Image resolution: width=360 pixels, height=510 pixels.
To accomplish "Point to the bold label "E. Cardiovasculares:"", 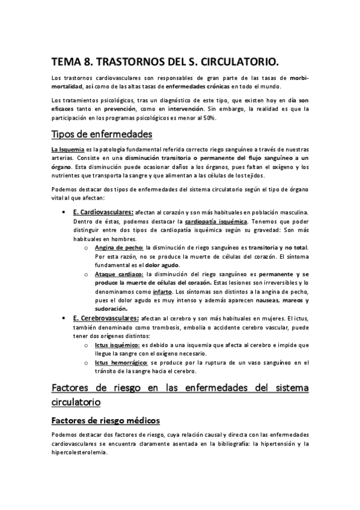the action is [103, 212].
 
